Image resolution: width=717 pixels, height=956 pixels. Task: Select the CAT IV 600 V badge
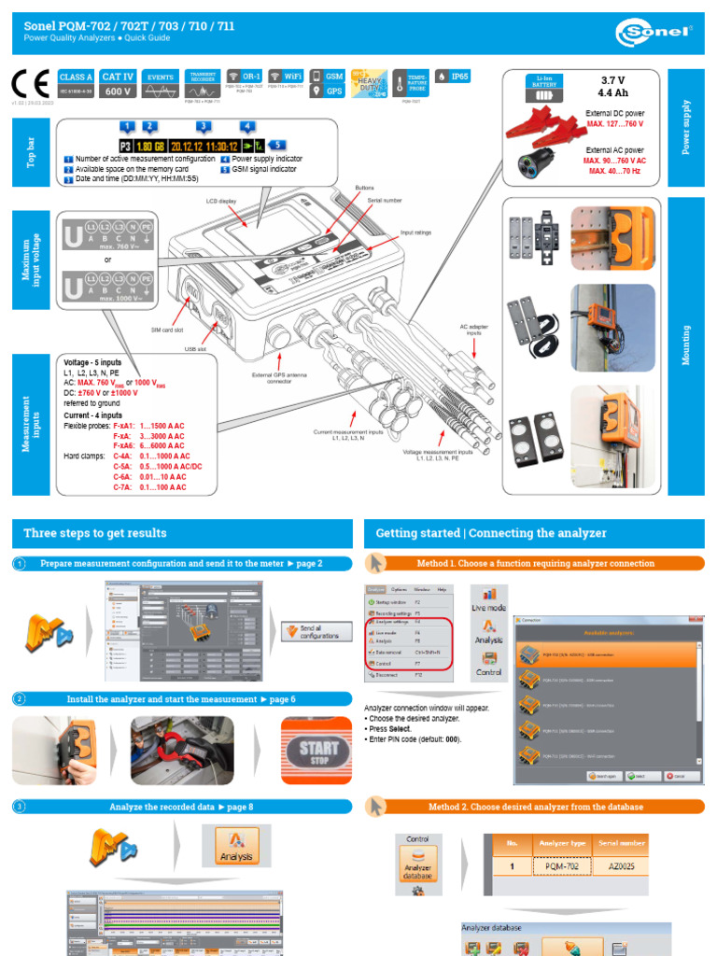coord(118,84)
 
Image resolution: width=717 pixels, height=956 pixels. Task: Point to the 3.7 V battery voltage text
coord(612,80)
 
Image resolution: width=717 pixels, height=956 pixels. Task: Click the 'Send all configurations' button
coord(317,632)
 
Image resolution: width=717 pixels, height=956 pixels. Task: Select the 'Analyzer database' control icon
coord(417,865)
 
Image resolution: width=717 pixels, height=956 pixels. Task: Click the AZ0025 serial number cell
coord(621,865)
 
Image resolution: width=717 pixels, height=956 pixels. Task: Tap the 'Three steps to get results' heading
coord(95,533)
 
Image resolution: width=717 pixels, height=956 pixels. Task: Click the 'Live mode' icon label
coord(488,608)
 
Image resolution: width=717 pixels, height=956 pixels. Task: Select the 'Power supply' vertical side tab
coord(687,126)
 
